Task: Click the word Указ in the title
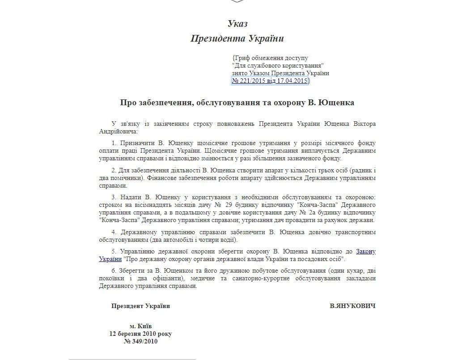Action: click(237, 24)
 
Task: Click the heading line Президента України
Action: click(237, 39)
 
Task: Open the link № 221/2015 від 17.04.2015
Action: click(270, 81)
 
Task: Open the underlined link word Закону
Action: click(366, 251)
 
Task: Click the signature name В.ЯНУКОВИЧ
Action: click(352, 306)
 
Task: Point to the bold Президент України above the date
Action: click(140, 306)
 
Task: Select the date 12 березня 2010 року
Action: click(140, 334)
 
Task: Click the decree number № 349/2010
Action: click(140, 341)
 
